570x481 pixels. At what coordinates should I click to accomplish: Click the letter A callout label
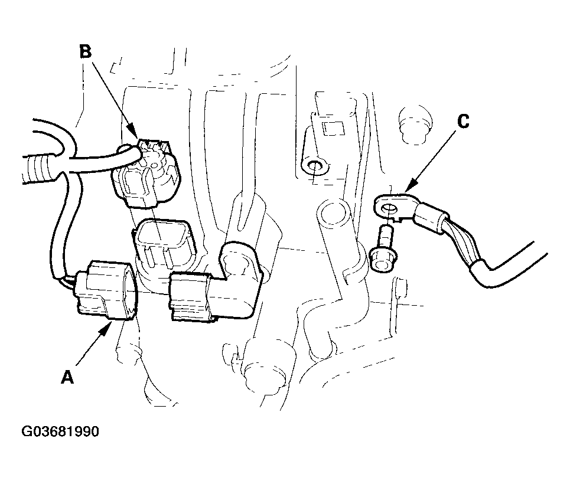click(x=67, y=377)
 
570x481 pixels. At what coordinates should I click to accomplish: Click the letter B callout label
click(x=86, y=51)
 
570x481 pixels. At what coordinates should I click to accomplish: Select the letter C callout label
click(x=462, y=121)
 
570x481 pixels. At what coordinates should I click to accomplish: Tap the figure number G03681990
click(x=60, y=431)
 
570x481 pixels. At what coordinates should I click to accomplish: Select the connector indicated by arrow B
click(x=145, y=172)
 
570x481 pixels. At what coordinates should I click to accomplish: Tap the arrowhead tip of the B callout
click(x=138, y=138)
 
